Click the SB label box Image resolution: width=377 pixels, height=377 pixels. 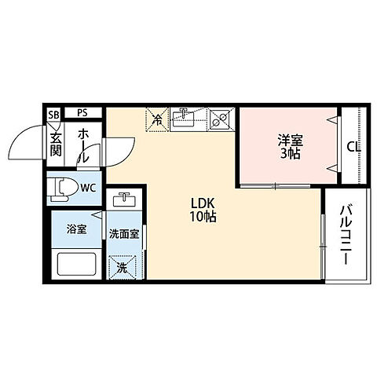(x=53, y=114)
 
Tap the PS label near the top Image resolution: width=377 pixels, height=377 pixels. (x=82, y=113)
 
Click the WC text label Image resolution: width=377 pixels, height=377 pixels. (x=88, y=188)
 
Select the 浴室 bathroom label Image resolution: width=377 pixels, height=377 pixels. (x=76, y=230)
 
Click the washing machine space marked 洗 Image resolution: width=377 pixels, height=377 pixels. (x=123, y=268)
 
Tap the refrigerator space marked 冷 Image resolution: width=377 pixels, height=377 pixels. (x=157, y=119)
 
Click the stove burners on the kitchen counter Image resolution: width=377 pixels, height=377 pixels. (x=220, y=119)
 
